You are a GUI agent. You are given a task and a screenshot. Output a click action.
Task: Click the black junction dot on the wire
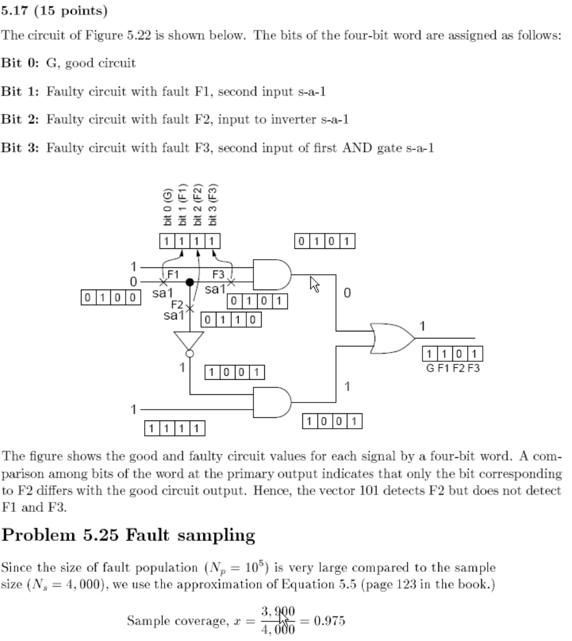click(x=190, y=282)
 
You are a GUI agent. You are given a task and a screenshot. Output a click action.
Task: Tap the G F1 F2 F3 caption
click(x=452, y=368)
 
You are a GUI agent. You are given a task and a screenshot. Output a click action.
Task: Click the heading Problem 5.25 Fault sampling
click(x=129, y=536)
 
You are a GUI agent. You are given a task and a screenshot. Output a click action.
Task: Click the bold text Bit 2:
click(x=22, y=120)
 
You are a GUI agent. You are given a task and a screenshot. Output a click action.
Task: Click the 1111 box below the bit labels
click(x=190, y=241)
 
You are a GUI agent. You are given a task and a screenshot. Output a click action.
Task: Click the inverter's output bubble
click(x=189, y=354)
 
